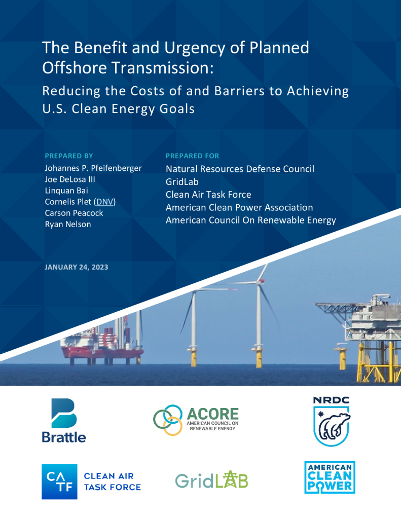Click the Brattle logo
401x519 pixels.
[64, 420]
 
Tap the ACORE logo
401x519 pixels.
[196, 420]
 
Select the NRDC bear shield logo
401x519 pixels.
[332, 421]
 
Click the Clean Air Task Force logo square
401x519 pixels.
[59, 481]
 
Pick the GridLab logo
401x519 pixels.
[211, 480]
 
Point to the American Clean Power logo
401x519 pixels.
[330, 477]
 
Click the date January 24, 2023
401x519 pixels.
[77, 267]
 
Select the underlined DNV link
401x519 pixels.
[105, 202]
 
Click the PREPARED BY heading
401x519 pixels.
[69, 156]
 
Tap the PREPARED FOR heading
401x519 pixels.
[192, 156]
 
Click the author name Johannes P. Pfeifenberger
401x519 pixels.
[93, 168]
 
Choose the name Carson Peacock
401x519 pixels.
[74, 213]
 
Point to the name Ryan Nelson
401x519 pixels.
[68, 224]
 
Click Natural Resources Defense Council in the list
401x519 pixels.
[240, 169]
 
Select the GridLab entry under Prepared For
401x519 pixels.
[182, 182]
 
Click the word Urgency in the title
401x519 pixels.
[195, 48]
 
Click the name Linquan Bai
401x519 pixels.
[66, 191]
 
